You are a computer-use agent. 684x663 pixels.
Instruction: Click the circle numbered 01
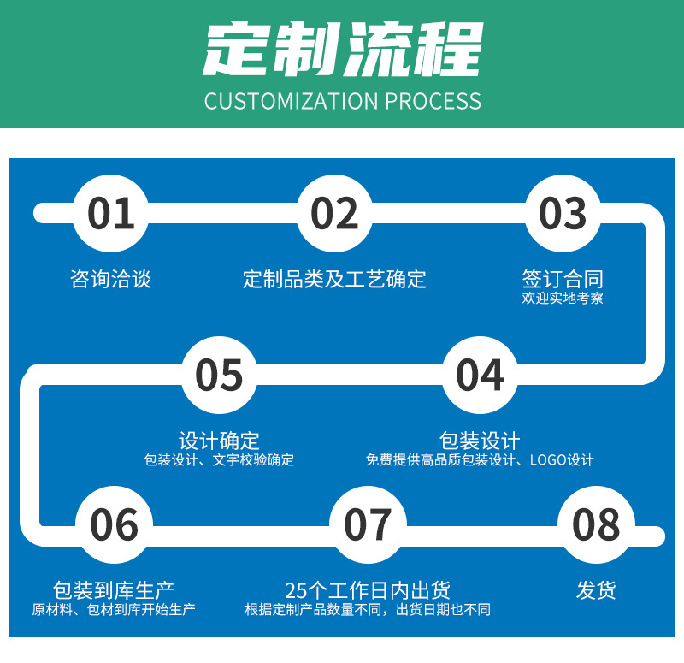tap(111, 213)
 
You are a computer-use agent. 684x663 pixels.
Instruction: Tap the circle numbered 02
tap(334, 213)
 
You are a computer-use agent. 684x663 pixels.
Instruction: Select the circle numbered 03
tap(563, 213)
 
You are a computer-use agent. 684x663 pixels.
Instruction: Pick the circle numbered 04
tap(480, 375)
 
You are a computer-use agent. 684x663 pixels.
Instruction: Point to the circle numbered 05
tap(219, 375)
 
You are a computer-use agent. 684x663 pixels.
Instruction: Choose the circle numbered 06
tap(114, 524)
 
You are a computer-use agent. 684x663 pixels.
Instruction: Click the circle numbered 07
tap(368, 524)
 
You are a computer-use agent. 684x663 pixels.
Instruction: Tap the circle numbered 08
tap(596, 524)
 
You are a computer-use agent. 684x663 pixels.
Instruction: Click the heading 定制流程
tap(342, 50)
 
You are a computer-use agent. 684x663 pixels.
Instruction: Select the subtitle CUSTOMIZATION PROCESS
tap(342, 101)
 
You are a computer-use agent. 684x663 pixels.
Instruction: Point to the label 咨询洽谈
tap(110, 279)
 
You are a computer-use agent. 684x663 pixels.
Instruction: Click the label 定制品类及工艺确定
tap(334, 279)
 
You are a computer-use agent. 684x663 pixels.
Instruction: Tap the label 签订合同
tap(563, 278)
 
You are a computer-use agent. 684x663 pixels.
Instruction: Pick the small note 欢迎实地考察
tap(563, 299)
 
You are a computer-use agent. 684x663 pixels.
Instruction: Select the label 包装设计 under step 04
tap(480, 441)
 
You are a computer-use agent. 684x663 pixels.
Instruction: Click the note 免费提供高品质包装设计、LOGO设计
tap(480, 460)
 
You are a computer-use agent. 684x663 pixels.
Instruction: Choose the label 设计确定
tap(219, 441)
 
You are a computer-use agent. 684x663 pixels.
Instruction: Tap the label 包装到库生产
tap(114, 589)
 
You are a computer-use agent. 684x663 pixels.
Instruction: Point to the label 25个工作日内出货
tap(368, 589)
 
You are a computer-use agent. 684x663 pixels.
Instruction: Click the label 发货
tap(596, 589)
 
